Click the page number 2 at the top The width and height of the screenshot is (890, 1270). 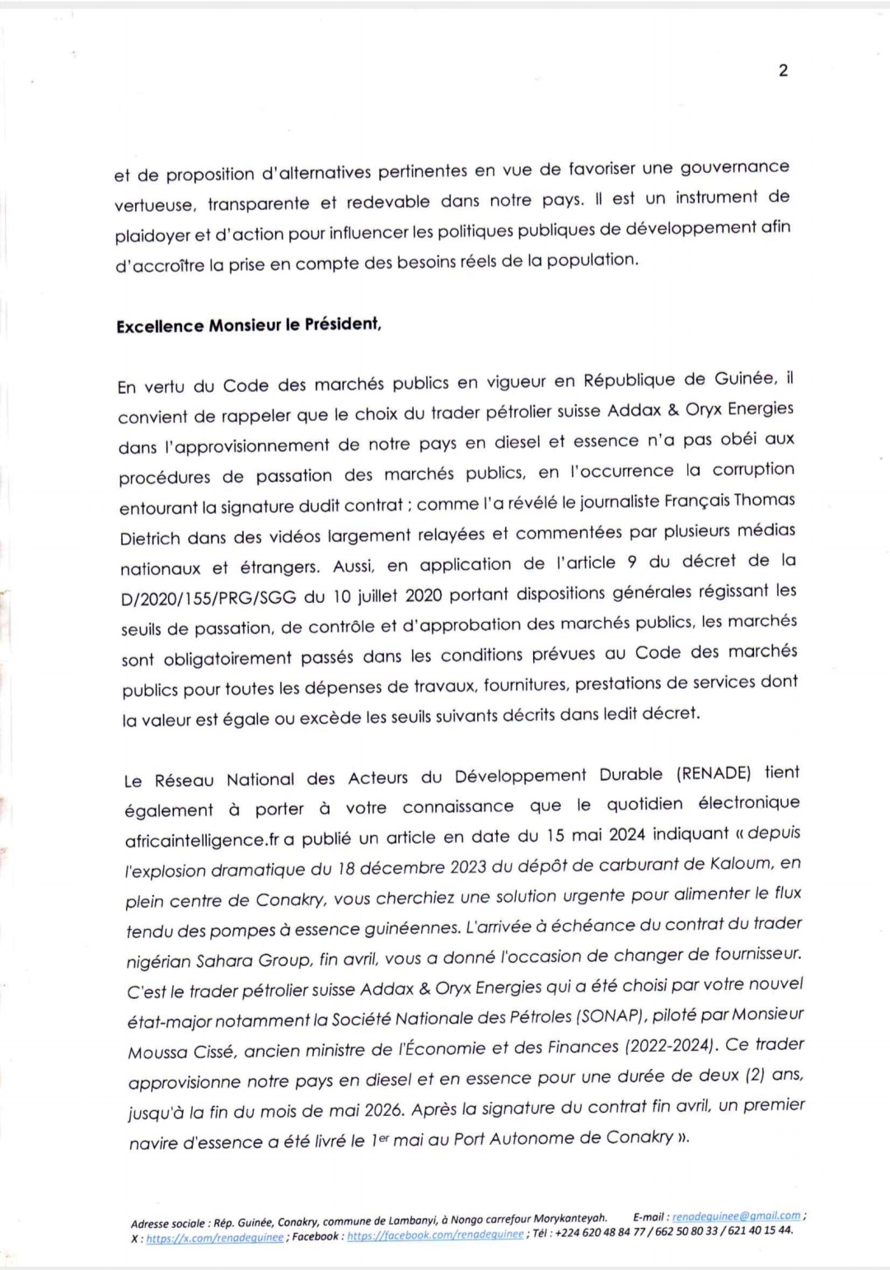(783, 71)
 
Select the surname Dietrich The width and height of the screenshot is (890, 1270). (151, 539)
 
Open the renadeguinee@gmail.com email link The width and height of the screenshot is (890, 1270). (736, 1216)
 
